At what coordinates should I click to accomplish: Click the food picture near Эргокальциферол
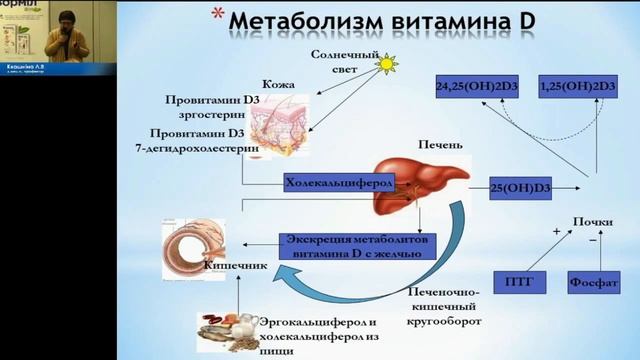pyautogui.click(x=226, y=331)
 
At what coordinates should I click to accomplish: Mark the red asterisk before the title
pyautogui.click(x=215, y=15)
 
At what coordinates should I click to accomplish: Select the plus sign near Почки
pyautogui.click(x=555, y=231)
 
